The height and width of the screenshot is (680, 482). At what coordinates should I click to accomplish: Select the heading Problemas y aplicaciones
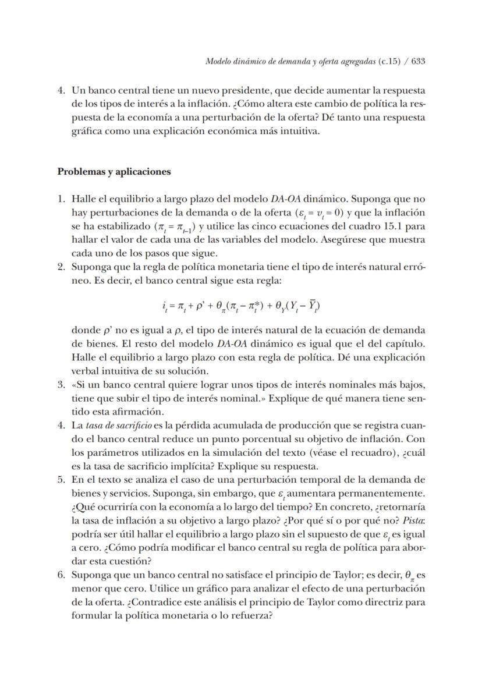114,172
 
